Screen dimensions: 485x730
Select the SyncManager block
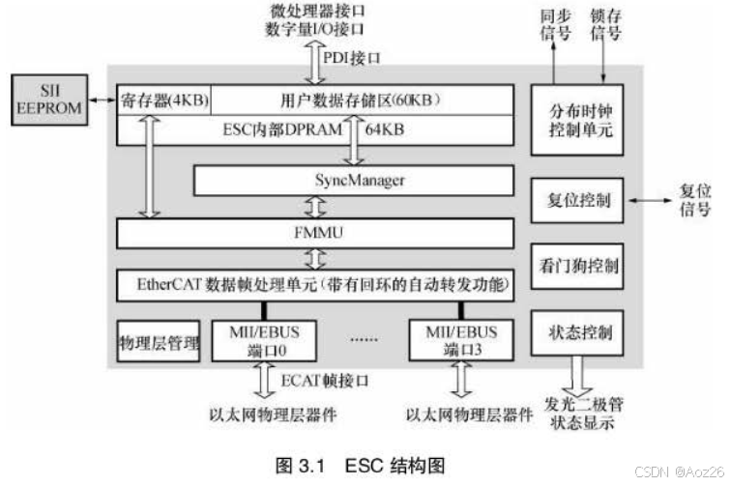point(352,181)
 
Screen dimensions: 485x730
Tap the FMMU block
point(315,233)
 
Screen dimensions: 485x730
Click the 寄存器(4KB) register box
point(163,100)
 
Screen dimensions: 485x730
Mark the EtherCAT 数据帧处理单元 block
point(315,285)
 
